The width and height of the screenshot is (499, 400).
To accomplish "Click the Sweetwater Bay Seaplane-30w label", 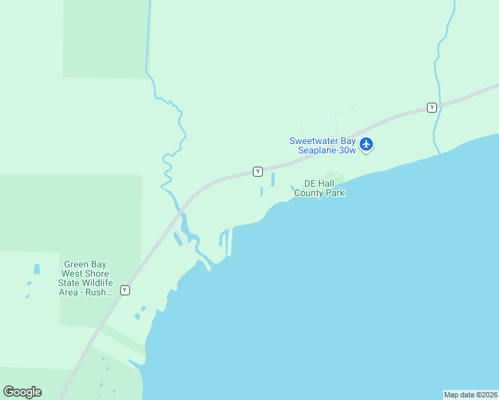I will click(x=323, y=145).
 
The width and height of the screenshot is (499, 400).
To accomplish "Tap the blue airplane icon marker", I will click(x=366, y=144).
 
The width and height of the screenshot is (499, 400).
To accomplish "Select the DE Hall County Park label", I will click(x=324, y=188).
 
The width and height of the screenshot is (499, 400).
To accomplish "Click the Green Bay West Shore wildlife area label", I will click(x=87, y=278).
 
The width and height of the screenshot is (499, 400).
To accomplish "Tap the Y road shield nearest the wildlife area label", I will click(x=125, y=290).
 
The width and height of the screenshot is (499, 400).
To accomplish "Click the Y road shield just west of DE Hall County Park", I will click(x=258, y=171).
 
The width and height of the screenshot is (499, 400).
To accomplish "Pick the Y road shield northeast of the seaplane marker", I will click(x=432, y=107).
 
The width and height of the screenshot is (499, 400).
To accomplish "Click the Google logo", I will click(x=22, y=392).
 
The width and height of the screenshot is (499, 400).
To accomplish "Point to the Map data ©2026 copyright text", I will click(x=470, y=395).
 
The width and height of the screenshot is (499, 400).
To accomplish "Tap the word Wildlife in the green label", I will click(x=97, y=283).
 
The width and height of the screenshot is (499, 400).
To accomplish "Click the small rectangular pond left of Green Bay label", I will click(x=37, y=269).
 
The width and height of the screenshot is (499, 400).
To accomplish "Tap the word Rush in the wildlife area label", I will click(x=101, y=293).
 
